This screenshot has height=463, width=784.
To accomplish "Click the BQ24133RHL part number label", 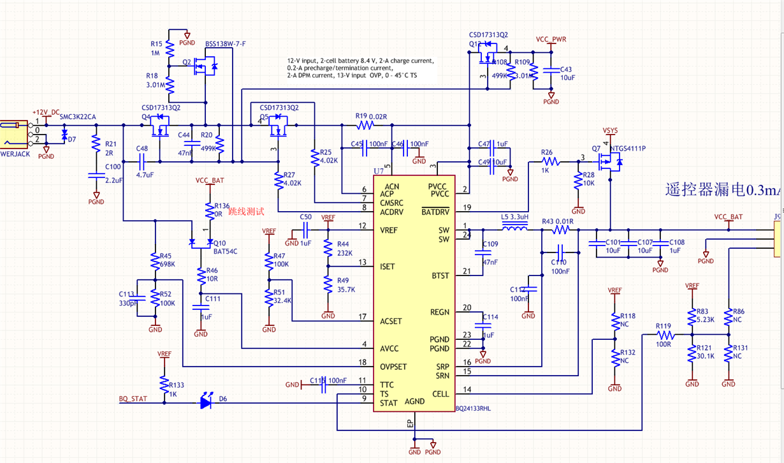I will tap(473, 408).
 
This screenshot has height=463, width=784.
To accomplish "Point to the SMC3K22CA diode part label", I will tap(78, 117).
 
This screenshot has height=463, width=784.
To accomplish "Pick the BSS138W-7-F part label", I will tap(225, 44).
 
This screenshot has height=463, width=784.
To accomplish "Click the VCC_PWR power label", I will tap(551, 40).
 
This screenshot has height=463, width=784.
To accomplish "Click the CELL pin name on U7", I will tap(440, 393).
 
